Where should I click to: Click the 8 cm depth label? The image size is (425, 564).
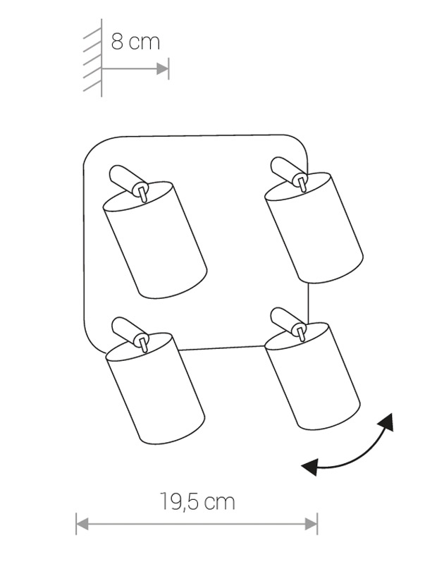pos(135,42)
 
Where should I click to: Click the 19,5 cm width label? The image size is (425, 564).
pos(197,502)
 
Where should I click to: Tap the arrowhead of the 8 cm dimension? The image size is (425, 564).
pos(163,68)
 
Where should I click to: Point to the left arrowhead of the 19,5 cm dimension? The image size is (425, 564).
pos(82,524)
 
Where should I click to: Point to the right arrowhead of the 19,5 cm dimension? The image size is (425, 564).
pos(311,524)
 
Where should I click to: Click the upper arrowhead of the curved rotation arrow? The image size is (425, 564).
pos(386,421)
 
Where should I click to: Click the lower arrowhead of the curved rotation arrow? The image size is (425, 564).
pos(310,467)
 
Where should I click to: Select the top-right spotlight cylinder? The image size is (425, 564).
pos(313,228)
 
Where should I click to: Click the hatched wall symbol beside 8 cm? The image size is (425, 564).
pos(93,59)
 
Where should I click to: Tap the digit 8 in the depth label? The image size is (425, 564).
pos(117,42)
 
